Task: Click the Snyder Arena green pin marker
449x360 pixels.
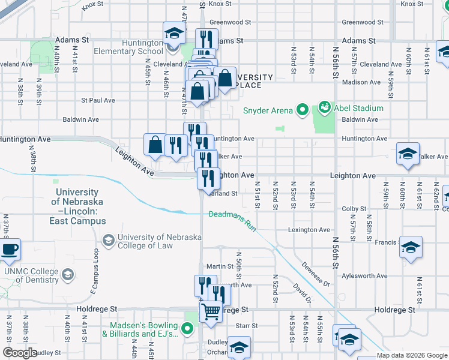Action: pos(303,110)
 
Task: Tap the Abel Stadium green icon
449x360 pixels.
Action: pos(325,108)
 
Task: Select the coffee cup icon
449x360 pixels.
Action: pos(9,250)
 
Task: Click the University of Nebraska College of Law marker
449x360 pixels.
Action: pos(109,241)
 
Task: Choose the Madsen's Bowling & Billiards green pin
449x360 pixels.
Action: pos(188,329)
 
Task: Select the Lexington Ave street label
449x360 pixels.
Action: pos(309,230)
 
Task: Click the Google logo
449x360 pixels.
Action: pos(20,353)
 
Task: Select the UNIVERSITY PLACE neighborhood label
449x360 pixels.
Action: pos(253,81)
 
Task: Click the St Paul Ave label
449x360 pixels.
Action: pos(98,100)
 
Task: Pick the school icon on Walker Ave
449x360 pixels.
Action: pos(408,153)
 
